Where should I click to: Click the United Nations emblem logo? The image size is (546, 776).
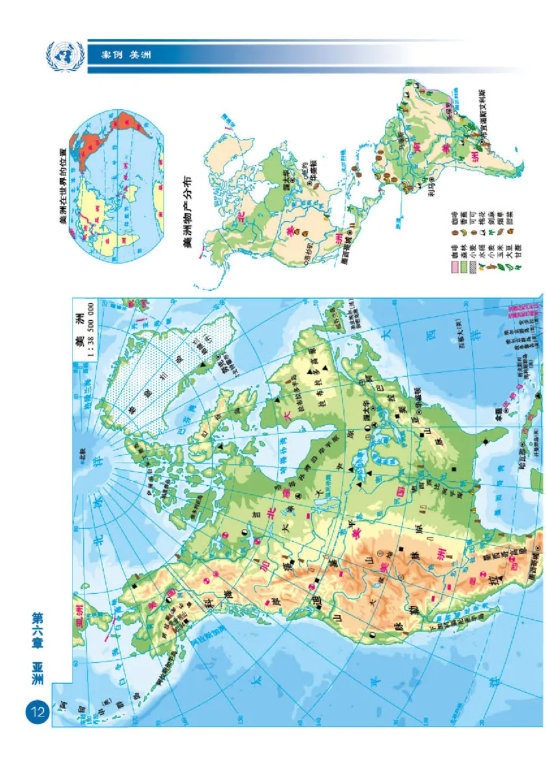[x=65, y=55]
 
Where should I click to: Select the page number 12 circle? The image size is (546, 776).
[x=35, y=713]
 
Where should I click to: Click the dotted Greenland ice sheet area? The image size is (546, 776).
[x=157, y=382]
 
